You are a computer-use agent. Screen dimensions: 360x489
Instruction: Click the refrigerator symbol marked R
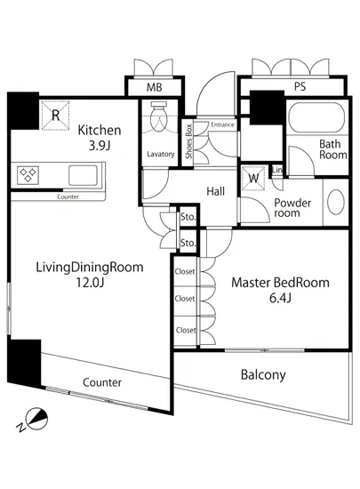point(55,115)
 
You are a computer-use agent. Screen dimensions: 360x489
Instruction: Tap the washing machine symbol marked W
point(253,178)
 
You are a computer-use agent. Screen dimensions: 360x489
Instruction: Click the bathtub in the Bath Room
point(316,117)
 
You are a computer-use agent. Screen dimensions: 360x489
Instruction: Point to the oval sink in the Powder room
point(336,202)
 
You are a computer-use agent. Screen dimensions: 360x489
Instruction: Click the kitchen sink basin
point(83,175)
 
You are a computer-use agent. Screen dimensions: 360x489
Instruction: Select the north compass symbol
point(35,420)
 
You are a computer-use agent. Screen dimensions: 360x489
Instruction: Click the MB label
point(155,87)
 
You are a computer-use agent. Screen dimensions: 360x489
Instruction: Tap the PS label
point(300,86)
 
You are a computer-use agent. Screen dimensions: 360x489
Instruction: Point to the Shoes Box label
point(188,141)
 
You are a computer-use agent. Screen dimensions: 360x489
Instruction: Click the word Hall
point(215,191)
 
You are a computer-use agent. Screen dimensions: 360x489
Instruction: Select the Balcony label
point(263,374)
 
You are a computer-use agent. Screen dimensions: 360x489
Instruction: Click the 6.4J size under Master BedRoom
point(280,298)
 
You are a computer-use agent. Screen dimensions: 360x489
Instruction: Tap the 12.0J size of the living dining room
point(90,283)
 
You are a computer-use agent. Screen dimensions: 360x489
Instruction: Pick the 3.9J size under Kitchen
point(100,146)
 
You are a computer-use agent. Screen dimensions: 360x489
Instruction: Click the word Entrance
point(222,124)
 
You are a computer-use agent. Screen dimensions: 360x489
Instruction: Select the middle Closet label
point(185,299)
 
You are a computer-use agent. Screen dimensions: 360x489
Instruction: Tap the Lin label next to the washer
point(277,170)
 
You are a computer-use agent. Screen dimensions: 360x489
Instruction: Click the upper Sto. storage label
point(188,216)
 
